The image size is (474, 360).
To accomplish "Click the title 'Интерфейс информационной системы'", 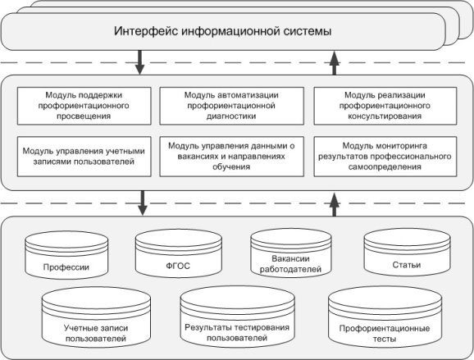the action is point(223,31).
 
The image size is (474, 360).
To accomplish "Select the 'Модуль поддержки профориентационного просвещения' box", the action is point(84,106).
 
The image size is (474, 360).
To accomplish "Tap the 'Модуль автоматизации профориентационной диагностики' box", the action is point(231,106).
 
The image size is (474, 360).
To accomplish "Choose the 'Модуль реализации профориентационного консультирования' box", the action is point(385,106).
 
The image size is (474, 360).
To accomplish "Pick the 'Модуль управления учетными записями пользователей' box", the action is point(84,157).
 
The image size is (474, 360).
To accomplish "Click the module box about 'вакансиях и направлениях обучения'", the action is point(231,157).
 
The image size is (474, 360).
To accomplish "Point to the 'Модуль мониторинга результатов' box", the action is point(385,157).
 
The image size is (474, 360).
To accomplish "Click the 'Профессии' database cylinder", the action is point(66,255).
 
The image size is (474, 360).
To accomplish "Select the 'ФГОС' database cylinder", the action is point(178,253).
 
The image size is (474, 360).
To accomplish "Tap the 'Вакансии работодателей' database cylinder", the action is point(291,253).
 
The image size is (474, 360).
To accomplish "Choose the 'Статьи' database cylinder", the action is point(407,252).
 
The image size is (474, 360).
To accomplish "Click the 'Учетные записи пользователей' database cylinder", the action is point(96,317).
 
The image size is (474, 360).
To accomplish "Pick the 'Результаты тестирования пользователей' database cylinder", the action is point(237,317).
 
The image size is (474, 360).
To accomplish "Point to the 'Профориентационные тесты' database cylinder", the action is point(385,317).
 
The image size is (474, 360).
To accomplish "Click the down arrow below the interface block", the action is point(139,62).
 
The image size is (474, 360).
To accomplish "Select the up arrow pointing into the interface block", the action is point(334,63).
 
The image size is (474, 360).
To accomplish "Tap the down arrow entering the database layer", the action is point(143,203).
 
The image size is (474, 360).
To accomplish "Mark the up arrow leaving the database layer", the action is point(334,205).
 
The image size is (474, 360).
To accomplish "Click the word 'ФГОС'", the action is point(178,266).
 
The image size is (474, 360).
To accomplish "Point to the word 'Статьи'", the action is point(407,265).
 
